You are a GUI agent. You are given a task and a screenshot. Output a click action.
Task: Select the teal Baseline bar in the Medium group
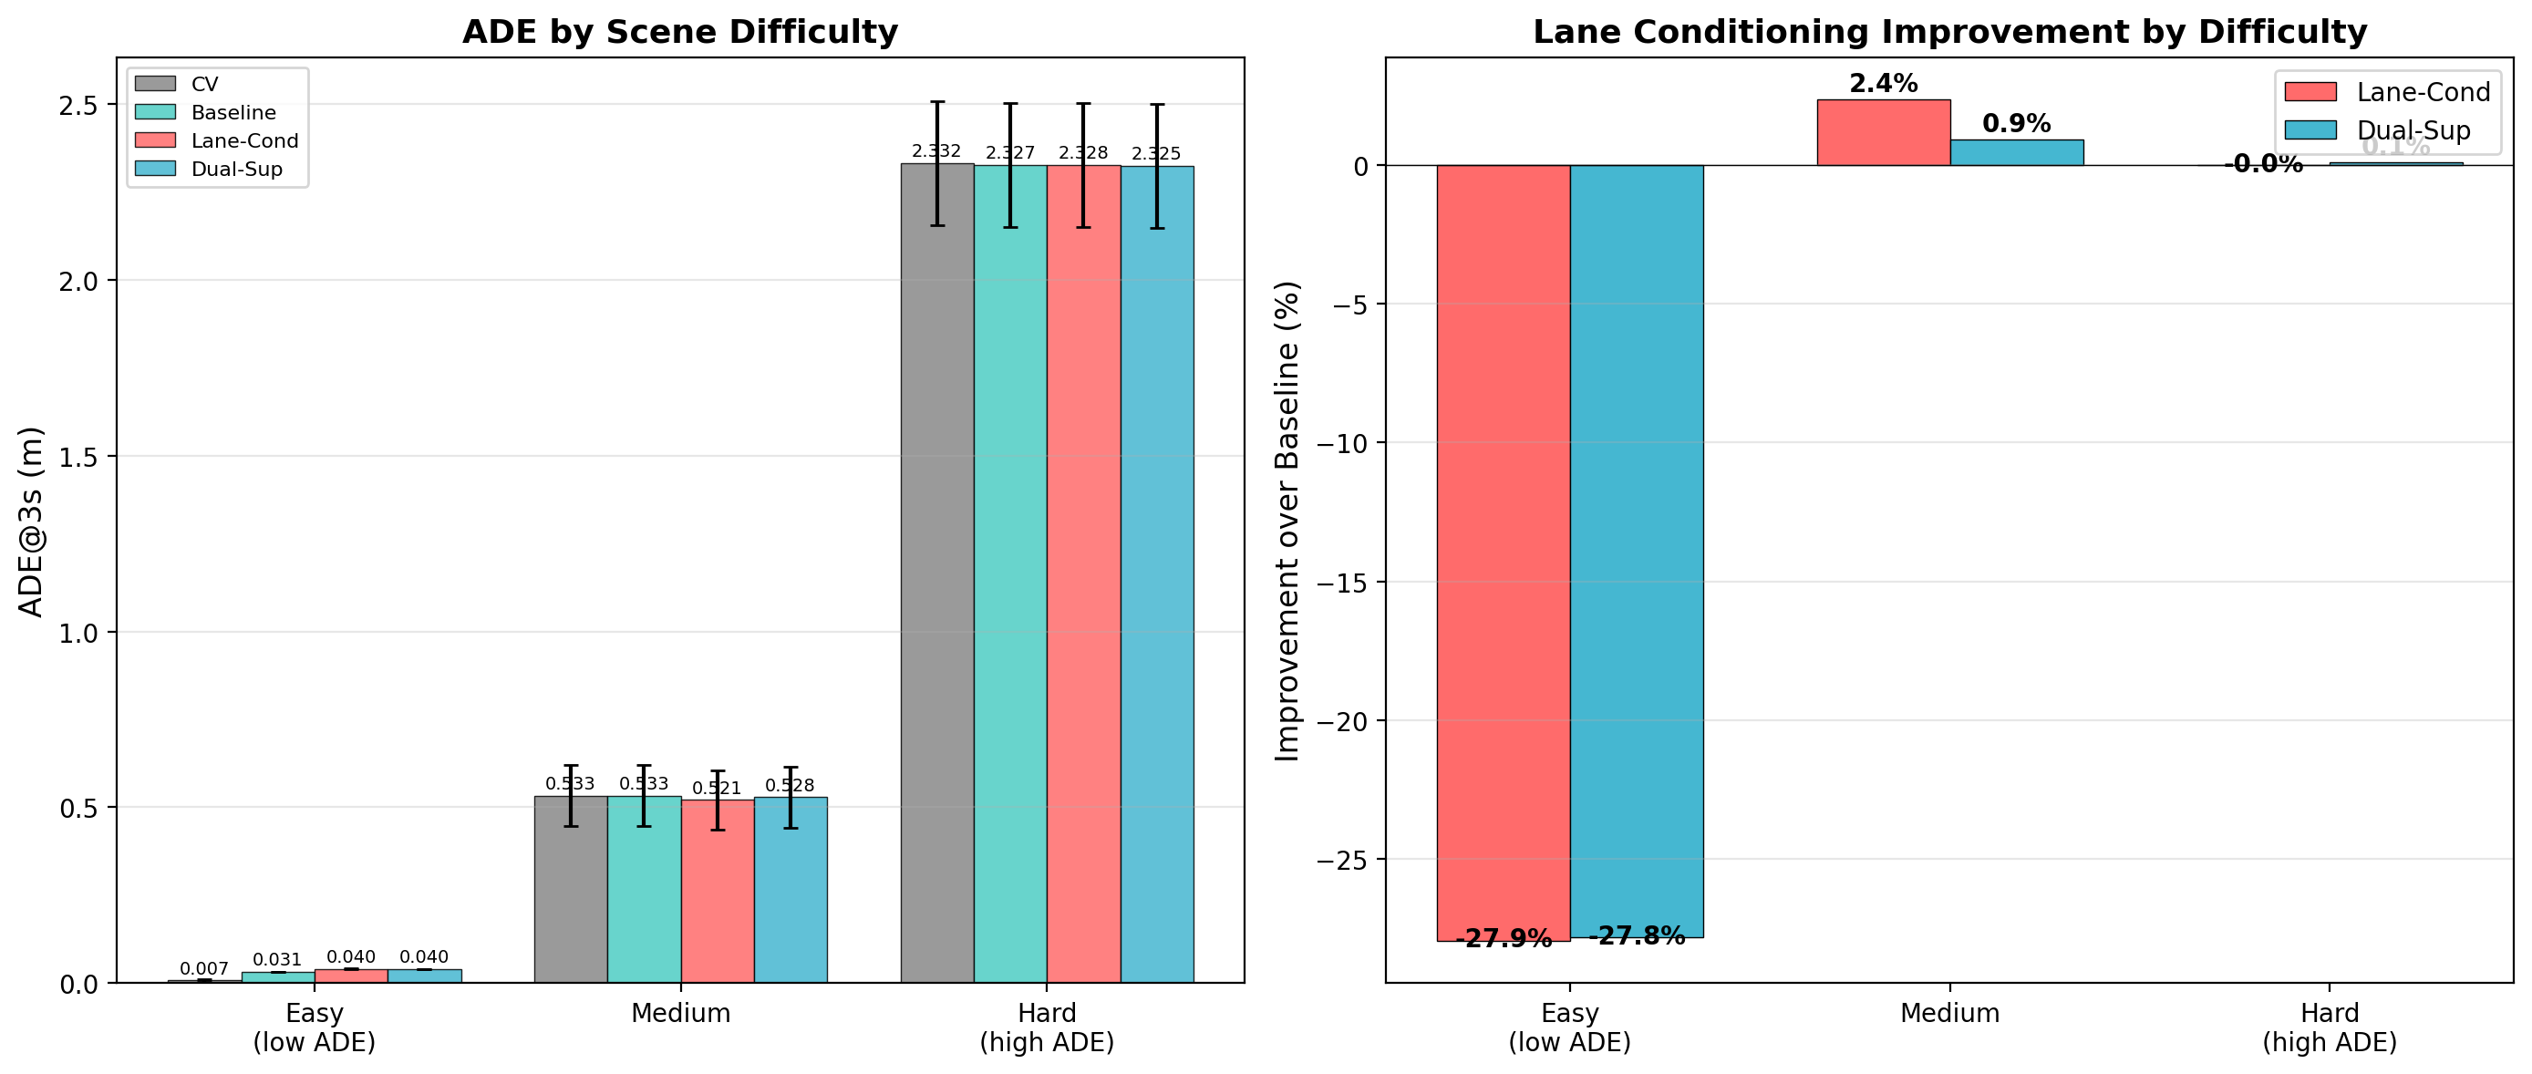click(x=644, y=889)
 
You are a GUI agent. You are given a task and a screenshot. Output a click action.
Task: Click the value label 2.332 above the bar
click(x=935, y=151)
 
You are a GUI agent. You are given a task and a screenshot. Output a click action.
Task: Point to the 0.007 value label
click(x=203, y=969)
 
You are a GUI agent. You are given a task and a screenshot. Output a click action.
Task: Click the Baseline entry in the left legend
click(x=233, y=113)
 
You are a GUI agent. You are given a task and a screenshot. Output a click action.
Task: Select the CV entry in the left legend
click(x=204, y=85)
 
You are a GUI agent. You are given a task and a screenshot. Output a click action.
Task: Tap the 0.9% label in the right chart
click(x=2016, y=124)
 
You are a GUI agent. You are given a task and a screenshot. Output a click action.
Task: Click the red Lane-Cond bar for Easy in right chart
click(x=1503, y=551)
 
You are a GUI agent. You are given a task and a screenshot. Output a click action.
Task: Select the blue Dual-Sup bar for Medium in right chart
click(x=2016, y=152)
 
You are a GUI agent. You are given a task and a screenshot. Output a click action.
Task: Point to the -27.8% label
click(x=1637, y=935)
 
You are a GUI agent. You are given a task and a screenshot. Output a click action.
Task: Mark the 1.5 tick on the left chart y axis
click(x=78, y=457)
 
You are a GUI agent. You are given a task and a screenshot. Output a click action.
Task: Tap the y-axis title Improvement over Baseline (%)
click(x=1287, y=521)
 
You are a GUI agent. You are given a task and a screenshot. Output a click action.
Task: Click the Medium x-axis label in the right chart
click(x=1949, y=1013)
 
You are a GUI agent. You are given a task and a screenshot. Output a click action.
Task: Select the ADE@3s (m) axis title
click(x=31, y=521)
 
